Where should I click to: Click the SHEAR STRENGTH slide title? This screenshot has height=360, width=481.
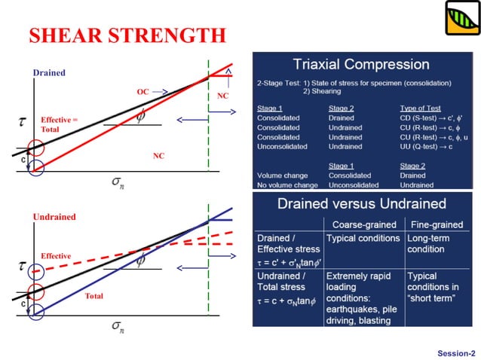[127, 35]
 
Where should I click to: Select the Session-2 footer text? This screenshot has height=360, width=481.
[456, 352]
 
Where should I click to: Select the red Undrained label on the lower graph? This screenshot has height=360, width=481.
[54, 217]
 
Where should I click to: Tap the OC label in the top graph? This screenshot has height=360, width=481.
[142, 91]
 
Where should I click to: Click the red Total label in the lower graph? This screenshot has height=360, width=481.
[93, 296]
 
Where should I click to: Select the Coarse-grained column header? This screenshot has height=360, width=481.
[363, 224]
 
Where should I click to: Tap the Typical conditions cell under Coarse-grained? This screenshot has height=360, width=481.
[363, 238]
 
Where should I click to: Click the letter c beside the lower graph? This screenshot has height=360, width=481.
[23, 303]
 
